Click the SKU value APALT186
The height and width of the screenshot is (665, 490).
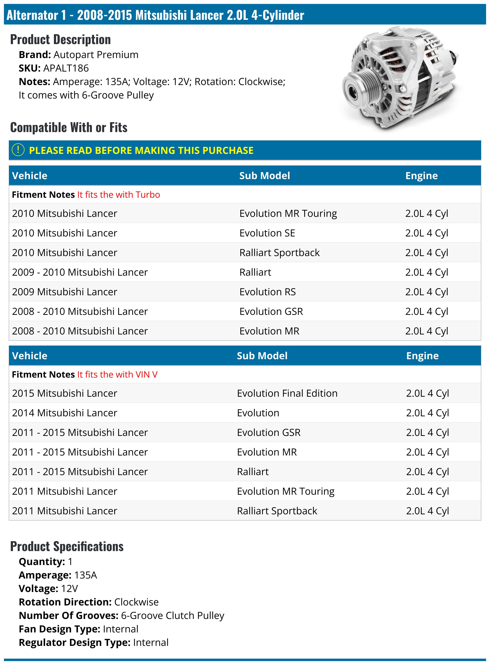pyautogui.click(x=66, y=68)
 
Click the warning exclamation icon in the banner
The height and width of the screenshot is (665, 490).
pyautogui.click(x=18, y=150)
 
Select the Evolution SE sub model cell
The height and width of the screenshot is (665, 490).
pyautogui.click(x=267, y=233)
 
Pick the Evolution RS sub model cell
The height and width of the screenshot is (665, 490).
pyautogui.click(x=267, y=292)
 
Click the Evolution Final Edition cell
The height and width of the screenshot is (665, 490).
pyautogui.click(x=287, y=393)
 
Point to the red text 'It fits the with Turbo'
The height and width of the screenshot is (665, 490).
pyautogui.click(x=118, y=195)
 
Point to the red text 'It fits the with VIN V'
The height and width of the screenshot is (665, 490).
pyautogui.click(x=117, y=375)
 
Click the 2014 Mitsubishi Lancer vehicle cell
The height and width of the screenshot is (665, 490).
pyautogui.click(x=65, y=413)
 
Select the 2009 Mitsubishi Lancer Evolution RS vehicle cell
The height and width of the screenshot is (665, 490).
pyautogui.click(x=65, y=292)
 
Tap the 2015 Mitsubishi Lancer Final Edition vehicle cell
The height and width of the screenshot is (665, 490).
pyautogui.click(x=65, y=393)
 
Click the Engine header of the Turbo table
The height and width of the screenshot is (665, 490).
pyautogui.click(x=421, y=176)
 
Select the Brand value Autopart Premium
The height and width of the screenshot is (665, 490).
pyautogui.click(x=96, y=55)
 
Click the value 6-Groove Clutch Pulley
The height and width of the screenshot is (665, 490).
pyautogui.click(x=172, y=616)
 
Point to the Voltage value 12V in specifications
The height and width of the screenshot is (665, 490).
pyautogui.click(x=69, y=589)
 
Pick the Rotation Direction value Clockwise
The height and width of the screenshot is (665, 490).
pyautogui.click(x=136, y=602)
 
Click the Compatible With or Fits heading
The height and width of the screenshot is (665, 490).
pyautogui.click(x=69, y=128)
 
